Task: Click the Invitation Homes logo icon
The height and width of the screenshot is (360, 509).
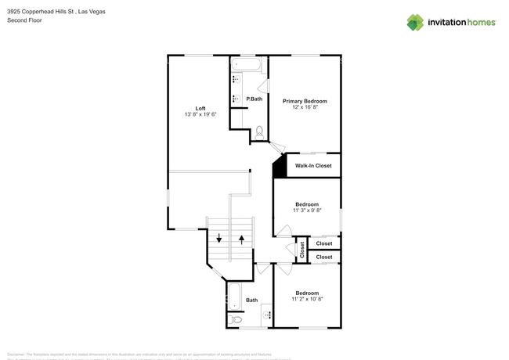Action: pyautogui.click(x=415, y=22)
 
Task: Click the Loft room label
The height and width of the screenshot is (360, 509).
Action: pyautogui.click(x=200, y=108)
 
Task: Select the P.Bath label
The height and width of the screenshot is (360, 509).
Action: pyautogui.click(x=254, y=99)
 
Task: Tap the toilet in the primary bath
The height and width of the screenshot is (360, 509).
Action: pyautogui.click(x=259, y=132)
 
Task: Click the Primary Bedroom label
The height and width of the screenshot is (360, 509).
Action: pyautogui.click(x=305, y=101)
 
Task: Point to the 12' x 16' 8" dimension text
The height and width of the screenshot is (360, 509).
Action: pyautogui.click(x=305, y=108)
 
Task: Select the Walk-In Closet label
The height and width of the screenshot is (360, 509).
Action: pyautogui.click(x=313, y=166)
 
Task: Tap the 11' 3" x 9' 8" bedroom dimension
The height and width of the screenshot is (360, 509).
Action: pyautogui.click(x=307, y=211)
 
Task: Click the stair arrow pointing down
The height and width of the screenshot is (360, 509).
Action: pyautogui.click(x=219, y=239)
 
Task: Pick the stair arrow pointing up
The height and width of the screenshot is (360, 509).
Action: pyautogui.click(x=242, y=239)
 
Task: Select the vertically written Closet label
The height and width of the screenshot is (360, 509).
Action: pyautogui.click(x=301, y=250)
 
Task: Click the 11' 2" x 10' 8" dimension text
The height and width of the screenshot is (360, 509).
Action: pyautogui.click(x=307, y=299)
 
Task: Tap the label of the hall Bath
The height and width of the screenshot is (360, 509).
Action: pyautogui.click(x=251, y=301)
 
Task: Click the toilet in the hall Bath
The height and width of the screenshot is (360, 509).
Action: pyautogui.click(x=236, y=319)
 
